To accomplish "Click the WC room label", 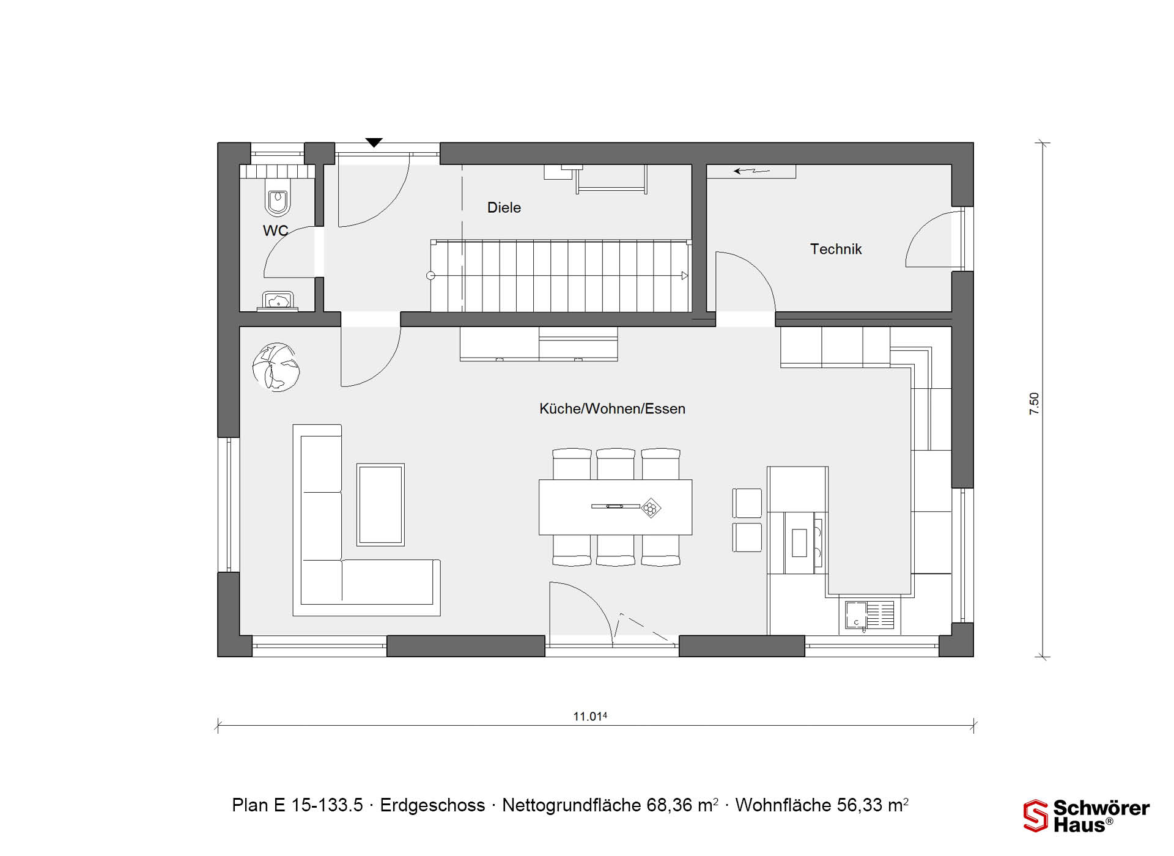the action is click(x=275, y=231).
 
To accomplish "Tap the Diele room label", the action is click(x=504, y=207).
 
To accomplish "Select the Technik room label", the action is click(x=836, y=249).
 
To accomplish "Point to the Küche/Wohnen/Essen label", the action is click(x=612, y=408).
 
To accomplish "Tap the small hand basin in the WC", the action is click(x=278, y=301).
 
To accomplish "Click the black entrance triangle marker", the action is click(x=374, y=143).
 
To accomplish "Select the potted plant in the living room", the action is click(x=276, y=367).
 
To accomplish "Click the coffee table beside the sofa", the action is click(x=380, y=504).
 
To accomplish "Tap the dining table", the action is click(x=615, y=507).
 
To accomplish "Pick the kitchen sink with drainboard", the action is click(x=869, y=615).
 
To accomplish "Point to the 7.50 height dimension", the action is click(x=1034, y=404).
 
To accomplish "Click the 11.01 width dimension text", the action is click(x=589, y=716).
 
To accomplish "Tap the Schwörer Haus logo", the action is click(x=1087, y=816).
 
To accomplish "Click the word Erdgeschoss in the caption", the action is click(x=432, y=805).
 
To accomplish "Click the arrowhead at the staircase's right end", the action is click(x=685, y=276).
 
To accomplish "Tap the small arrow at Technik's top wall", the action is click(x=751, y=171).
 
